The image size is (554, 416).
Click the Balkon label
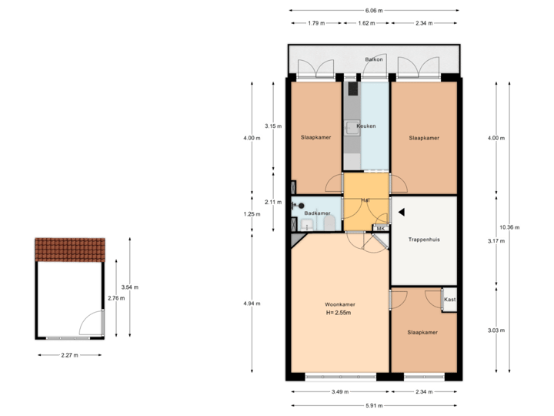[374, 59]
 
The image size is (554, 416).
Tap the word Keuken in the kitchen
[366, 126]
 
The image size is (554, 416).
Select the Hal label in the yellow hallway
[365, 200]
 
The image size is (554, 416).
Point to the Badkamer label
[317, 213]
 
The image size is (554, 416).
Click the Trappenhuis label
[424, 240]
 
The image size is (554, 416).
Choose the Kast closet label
[449, 299]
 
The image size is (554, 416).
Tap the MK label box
[380, 228]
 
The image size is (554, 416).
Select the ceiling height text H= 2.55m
[338, 313]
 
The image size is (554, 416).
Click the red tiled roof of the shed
[70, 250]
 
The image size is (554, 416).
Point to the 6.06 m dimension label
[374, 11]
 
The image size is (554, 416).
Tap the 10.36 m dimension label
[509, 227]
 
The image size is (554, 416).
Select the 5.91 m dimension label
[374, 405]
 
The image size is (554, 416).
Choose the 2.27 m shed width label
[70, 355]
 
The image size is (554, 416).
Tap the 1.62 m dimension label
[366, 23]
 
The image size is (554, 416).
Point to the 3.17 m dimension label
[496, 241]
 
